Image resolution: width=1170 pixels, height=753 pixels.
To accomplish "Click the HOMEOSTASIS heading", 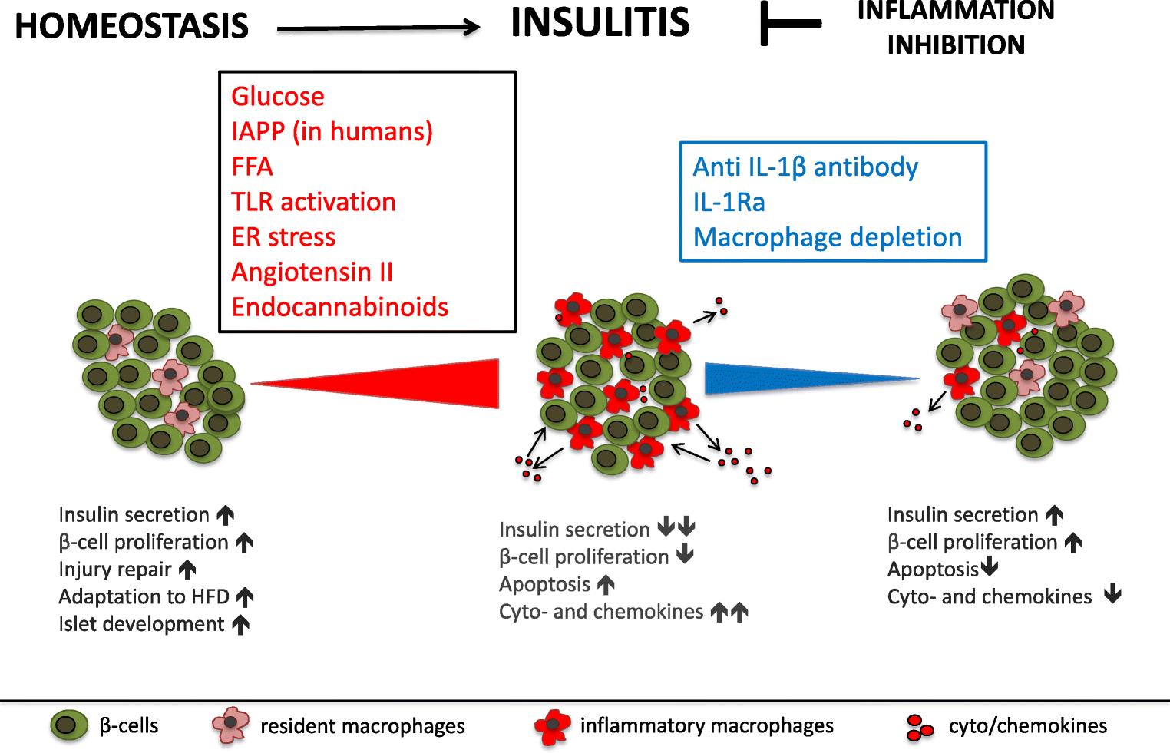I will click(131, 26).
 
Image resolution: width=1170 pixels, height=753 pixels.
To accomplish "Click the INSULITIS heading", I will click(600, 22).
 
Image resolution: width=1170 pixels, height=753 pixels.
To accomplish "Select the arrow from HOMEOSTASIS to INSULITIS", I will click(378, 29).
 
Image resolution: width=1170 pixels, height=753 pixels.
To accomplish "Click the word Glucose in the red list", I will click(278, 97).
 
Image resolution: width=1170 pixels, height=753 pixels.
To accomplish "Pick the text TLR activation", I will click(313, 202).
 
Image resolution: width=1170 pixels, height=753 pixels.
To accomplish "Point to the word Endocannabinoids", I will click(339, 307).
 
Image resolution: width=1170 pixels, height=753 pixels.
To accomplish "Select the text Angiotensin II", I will click(312, 272).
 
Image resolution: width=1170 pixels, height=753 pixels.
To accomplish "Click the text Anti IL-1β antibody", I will click(805, 167).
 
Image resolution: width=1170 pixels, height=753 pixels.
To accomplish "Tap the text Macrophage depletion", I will click(827, 237).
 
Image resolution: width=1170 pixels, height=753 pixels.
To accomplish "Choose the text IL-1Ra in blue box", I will click(729, 203).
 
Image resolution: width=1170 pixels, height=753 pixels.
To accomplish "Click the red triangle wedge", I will click(430, 382).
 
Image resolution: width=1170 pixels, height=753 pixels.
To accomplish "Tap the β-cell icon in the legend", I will click(69, 725).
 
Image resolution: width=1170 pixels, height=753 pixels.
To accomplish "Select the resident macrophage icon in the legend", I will click(230, 725).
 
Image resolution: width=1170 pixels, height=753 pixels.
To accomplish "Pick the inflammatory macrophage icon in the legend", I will click(553, 726).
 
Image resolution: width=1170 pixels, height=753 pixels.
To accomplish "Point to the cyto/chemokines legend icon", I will click(918, 728).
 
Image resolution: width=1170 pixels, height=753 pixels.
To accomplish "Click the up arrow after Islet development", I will click(241, 625).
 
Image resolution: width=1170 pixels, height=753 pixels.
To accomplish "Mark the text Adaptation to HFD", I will click(144, 597).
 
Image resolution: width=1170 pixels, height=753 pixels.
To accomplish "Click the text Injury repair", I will click(115, 570).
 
